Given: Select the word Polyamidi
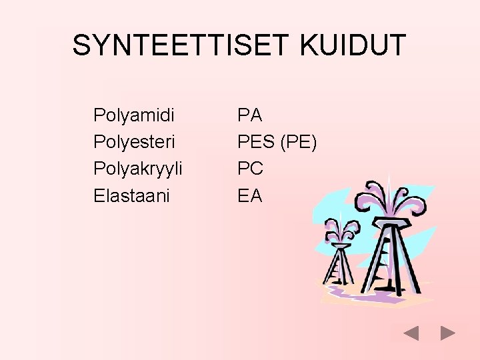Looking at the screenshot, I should tap(134, 116).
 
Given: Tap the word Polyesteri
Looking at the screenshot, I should tap(134, 143).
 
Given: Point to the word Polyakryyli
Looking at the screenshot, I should tap(138, 169).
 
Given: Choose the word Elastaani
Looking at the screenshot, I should tap(131, 196).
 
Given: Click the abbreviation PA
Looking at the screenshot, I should tap(250, 115).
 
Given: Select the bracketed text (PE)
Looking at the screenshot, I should tap(299, 142).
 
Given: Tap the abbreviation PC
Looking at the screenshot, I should tap(251, 169).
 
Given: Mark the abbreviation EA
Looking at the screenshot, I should tap(250, 195).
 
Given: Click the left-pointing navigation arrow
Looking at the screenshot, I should tap(411, 333).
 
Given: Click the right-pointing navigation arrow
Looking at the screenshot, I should tap(448, 333).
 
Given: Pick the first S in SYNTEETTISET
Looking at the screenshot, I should tap(83, 45).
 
